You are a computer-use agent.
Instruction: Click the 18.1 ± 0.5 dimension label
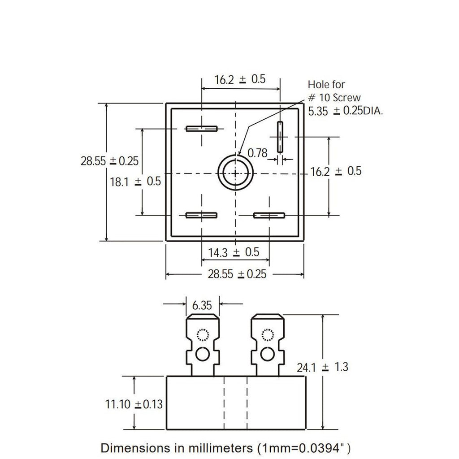point(135,182)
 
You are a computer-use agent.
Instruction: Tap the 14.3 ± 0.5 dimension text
point(234,252)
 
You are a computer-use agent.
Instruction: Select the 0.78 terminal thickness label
point(257,153)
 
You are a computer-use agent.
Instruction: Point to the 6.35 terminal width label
point(202,305)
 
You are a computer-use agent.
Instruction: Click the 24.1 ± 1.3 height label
point(323,367)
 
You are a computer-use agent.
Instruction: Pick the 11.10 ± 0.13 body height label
point(134,404)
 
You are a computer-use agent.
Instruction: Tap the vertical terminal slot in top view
point(280,137)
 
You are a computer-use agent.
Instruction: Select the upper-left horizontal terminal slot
point(202,129)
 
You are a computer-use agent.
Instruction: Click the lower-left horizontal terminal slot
point(201,216)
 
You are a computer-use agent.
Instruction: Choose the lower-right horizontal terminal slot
point(269,216)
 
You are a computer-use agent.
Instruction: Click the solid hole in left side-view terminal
point(202,355)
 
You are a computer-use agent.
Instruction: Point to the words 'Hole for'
point(326,85)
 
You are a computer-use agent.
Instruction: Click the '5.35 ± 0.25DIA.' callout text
point(346,111)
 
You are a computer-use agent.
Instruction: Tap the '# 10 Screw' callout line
point(334,98)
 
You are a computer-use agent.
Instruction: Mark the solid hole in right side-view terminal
point(267,355)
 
